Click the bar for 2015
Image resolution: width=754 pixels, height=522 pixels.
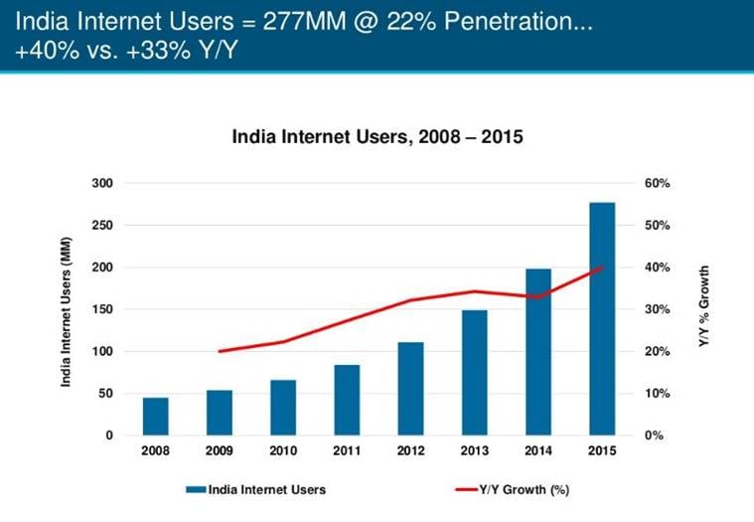pyautogui.click(x=601, y=319)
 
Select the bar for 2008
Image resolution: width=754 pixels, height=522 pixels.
pyautogui.click(x=156, y=417)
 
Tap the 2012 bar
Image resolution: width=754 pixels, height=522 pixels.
pyautogui.click(x=410, y=389)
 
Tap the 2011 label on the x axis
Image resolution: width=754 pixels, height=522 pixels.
pyautogui.click(x=347, y=451)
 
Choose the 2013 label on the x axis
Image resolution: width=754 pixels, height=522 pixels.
pyautogui.click(x=474, y=451)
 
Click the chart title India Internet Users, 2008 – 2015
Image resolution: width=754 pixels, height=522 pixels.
pyautogui.click(x=377, y=139)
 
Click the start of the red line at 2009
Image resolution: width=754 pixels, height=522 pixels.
pyautogui.click(x=220, y=351)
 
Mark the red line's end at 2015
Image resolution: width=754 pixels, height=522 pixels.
pyautogui.click(x=601, y=267)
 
